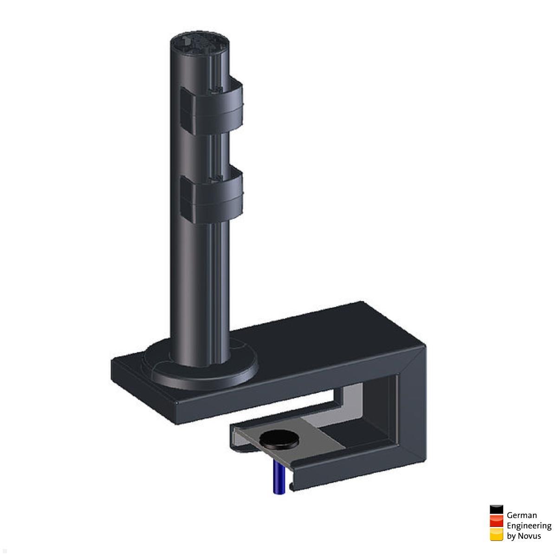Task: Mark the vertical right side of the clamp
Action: pos(413,408)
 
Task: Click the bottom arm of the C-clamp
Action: pos(353,469)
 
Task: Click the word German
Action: pos(522,515)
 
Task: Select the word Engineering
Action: pos(529,526)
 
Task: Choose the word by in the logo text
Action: pos(511,536)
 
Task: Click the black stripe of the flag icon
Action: pos(496,510)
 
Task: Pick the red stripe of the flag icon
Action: pos(496,522)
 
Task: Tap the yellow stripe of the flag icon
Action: pos(496,535)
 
